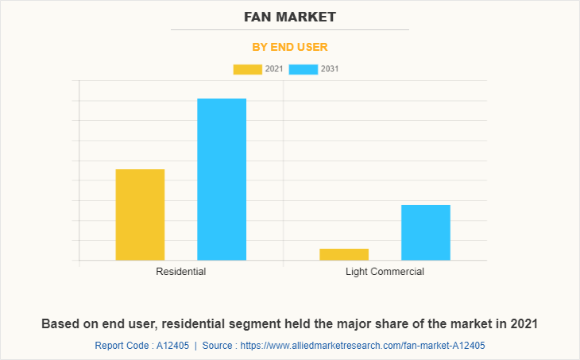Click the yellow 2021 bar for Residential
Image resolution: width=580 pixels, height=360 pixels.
(140, 215)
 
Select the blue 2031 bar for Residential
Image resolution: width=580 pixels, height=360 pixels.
(222, 179)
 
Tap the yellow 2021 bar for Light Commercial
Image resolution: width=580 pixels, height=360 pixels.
(344, 254)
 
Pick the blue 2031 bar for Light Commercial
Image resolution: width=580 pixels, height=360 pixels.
(426, 232)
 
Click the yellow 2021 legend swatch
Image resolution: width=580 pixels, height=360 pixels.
(248, 69)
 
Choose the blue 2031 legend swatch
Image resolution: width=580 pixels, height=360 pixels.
(304, 69)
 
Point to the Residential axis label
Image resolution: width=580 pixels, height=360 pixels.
(181, 272)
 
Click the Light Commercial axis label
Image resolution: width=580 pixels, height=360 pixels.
(385, 272)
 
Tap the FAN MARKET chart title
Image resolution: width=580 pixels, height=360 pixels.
(290, 17)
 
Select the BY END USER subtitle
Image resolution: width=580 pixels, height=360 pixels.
(290, 47)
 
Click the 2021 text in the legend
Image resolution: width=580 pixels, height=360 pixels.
(274, 69)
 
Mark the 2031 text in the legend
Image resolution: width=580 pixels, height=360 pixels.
(330, 69)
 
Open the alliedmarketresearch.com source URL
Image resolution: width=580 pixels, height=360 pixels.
(362, 346)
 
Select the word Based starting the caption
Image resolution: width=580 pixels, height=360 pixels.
(60, 324)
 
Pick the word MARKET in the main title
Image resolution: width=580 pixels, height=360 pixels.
(311, 17)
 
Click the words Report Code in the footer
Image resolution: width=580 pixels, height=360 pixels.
(120, 346)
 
